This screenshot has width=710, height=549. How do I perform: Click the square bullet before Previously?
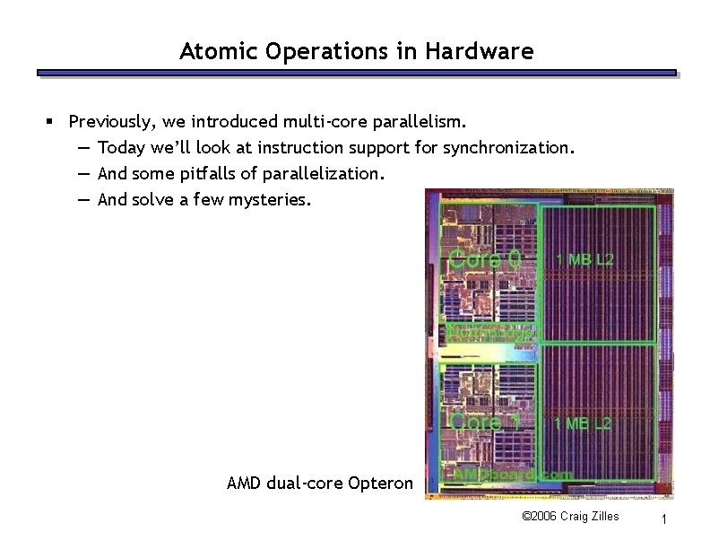click(52, 120)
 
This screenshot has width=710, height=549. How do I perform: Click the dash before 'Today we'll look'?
click(82, 146)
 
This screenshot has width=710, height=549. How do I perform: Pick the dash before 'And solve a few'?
click(82, 198)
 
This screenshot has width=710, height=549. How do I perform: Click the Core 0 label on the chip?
click(484, 260)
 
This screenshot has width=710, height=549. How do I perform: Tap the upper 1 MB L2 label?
click(584, 259)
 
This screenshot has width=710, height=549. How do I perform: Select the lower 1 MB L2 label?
click(584, 422)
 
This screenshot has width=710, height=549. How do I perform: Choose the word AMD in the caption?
click(244, 483)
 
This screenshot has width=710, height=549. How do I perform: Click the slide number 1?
click(662, 519)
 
